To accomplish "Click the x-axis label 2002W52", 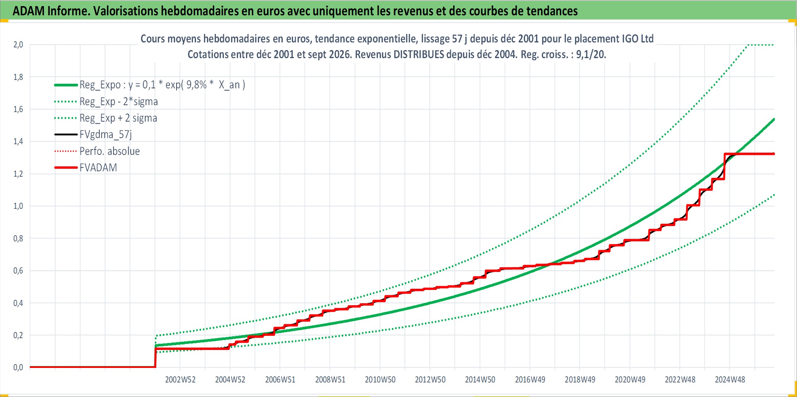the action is click(180, 379).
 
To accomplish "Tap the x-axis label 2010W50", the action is click(380, 379).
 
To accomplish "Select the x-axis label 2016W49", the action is click(530, 379).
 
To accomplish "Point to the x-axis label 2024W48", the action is click(730, 379).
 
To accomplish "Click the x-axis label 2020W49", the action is click(630, 379).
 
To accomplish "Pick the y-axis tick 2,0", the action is click(18, 45).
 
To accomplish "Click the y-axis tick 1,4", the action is click(18, 142).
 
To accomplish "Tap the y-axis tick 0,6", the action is click(18, 271).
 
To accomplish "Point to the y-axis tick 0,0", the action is click(18, 368).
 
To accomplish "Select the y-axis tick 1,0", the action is click(18, 206).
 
